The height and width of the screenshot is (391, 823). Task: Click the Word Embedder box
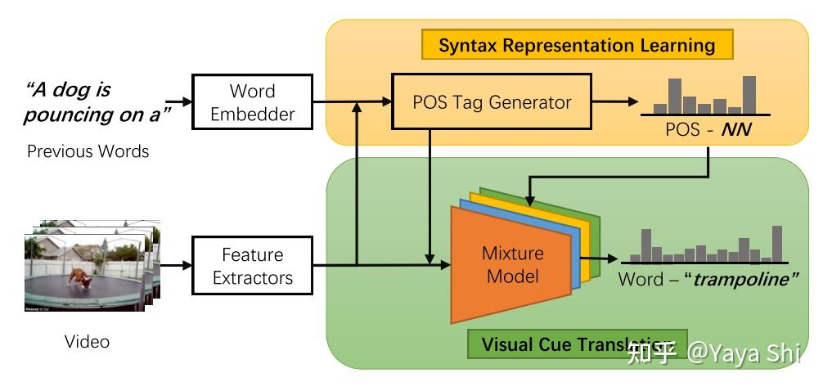point(251,102)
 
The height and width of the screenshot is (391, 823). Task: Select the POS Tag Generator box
point(491,102)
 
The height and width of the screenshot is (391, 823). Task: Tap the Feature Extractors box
point(252,266)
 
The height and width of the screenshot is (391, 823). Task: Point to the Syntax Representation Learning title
point(577,44)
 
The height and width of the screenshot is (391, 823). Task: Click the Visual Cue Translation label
point(564,344)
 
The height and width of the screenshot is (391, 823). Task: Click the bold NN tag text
point(736,130)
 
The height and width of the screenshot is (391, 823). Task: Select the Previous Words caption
point(88,151)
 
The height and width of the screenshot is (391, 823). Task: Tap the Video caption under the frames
point(87,341)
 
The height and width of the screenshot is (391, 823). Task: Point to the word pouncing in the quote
point(69,115)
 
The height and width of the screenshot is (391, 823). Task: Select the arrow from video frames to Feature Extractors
point(174,265)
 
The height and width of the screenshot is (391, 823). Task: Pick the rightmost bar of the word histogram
point(776,244)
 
